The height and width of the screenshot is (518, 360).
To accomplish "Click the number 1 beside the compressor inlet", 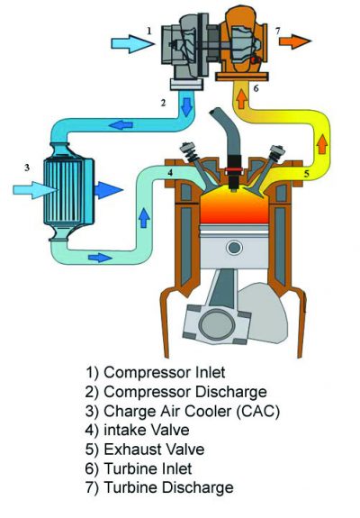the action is [x=149, y=31].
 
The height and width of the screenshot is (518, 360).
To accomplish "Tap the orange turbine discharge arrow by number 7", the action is [x=295, y=41].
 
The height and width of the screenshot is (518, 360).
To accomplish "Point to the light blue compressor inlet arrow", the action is [x=132, y=43].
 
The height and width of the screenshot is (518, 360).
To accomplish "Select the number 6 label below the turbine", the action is [x=256, y=88].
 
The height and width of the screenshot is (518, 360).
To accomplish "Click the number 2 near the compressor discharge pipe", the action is [x=163, y=103].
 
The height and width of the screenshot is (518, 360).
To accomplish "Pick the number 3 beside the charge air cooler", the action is [x=27, y=168].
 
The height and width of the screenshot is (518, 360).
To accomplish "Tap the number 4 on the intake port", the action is [x=170, y=172].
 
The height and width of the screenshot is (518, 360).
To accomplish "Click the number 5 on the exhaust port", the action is [x=307, y=173].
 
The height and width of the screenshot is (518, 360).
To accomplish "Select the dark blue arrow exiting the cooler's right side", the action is [x=109, y=190].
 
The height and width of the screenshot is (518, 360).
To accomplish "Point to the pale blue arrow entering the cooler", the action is [x=35, y=190].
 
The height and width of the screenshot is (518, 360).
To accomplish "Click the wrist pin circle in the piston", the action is [x=235, y=248].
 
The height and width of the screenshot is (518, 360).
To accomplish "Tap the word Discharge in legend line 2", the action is [x=231, y=392].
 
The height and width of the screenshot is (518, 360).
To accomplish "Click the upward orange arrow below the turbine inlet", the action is [x=241, y=98].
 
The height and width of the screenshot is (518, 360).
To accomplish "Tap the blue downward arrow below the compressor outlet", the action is [x=186, y=106].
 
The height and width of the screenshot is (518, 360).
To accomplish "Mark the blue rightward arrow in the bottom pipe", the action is [x=100, y=258].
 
